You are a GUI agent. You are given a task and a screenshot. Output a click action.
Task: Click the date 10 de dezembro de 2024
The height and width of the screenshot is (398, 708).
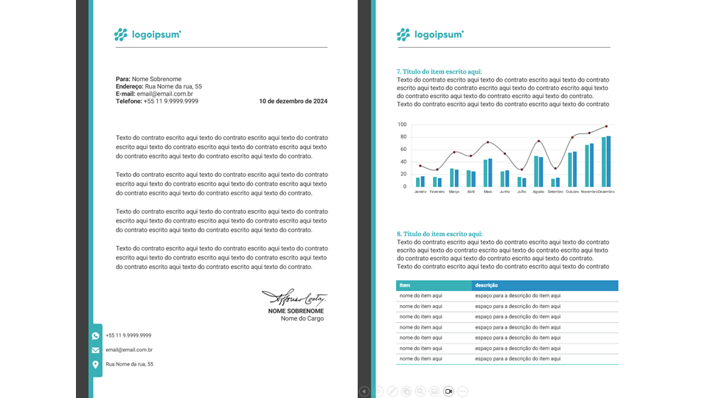point(293,102)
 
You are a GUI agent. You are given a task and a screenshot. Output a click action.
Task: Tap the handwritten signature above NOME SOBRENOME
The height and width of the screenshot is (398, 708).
point(294,298)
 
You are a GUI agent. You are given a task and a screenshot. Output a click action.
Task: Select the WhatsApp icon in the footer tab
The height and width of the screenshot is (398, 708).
point(96,335)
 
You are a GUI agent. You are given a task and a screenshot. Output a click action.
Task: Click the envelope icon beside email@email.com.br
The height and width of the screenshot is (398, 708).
point(96,350)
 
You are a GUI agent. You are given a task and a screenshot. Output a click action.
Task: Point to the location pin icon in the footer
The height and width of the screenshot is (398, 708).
point(96,364)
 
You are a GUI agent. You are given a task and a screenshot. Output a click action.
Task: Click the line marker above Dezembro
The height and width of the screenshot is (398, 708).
point(606,126)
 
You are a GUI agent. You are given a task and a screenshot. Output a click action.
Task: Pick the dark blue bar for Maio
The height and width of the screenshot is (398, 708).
point(490,172)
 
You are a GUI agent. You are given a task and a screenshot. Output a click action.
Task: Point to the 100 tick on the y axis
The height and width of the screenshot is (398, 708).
point(402,125)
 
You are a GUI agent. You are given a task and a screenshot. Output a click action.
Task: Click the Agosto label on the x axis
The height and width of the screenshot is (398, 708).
point(538,192)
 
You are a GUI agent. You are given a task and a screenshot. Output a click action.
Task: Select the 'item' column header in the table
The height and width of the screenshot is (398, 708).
point(405,285)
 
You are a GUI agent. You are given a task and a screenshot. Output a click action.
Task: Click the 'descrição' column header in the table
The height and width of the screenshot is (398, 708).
point(486,285)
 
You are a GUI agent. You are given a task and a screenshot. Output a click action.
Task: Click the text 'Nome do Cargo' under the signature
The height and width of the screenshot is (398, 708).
point(302,319)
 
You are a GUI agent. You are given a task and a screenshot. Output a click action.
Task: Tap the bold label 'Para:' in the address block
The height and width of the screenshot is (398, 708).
point(123,79)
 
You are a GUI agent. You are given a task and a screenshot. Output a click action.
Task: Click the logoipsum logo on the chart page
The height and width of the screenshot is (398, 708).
point(430,34)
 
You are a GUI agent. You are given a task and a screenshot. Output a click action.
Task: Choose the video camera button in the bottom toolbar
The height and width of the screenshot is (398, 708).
point(448,391)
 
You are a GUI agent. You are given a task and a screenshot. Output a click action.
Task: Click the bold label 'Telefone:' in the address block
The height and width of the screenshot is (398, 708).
point(129,102)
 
